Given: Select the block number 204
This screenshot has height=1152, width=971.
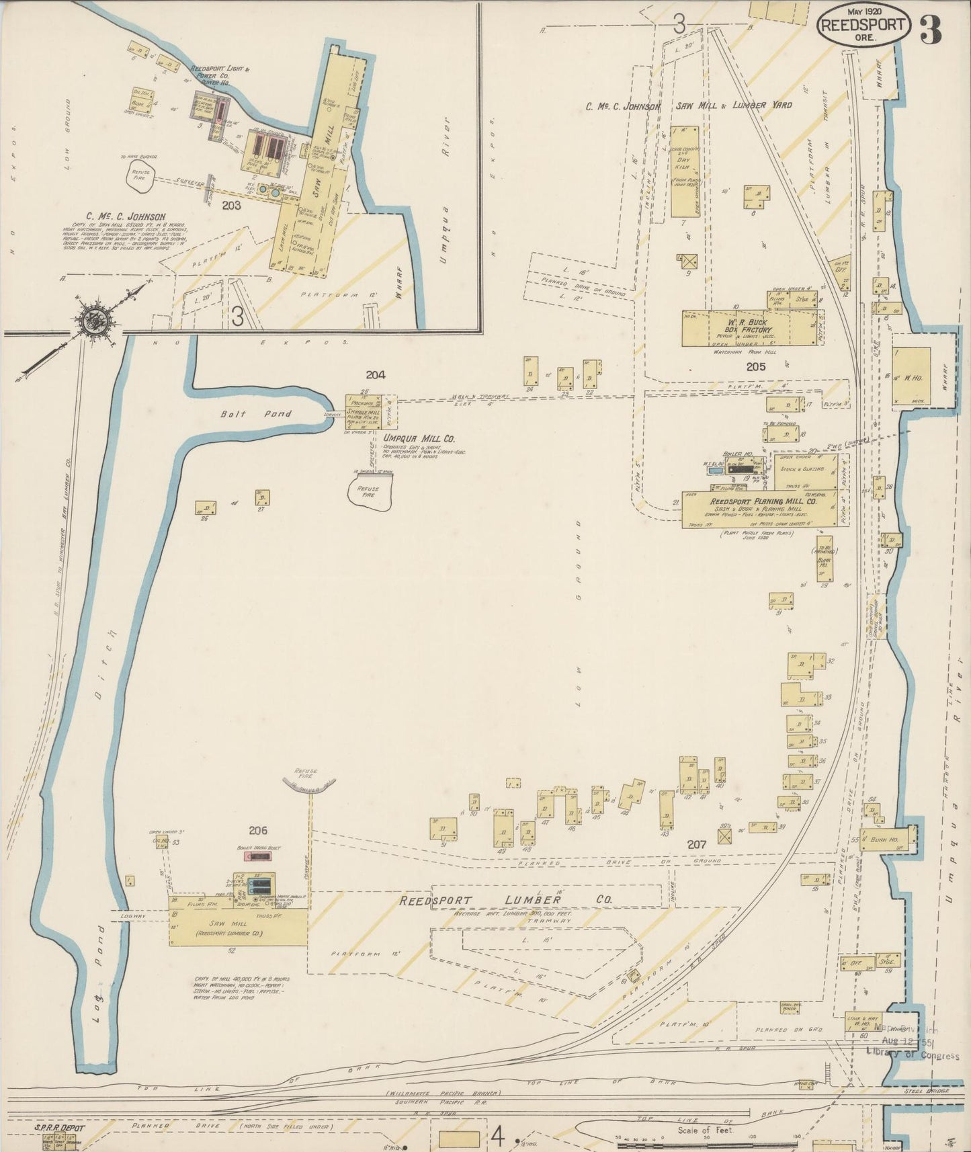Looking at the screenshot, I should click(x=376, y=374).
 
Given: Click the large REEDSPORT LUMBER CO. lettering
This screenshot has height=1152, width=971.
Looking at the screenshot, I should click(x=506, y=901).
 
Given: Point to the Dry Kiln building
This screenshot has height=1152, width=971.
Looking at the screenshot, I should click(x=683, y=171).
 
